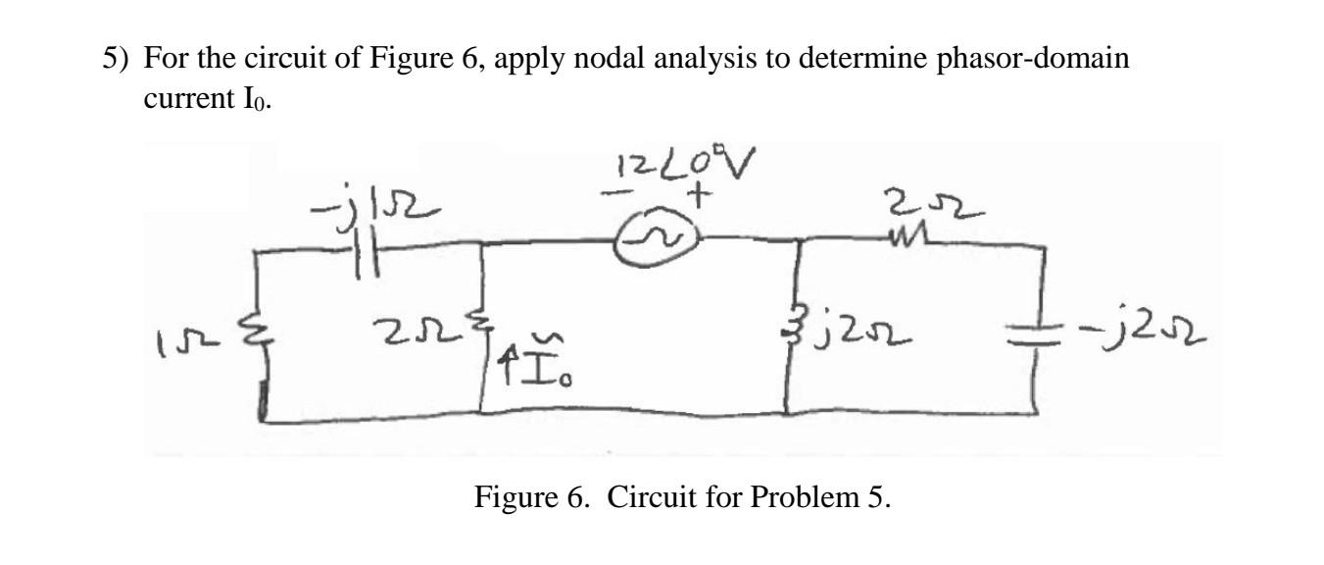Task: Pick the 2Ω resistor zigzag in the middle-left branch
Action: (x=483, y=339)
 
